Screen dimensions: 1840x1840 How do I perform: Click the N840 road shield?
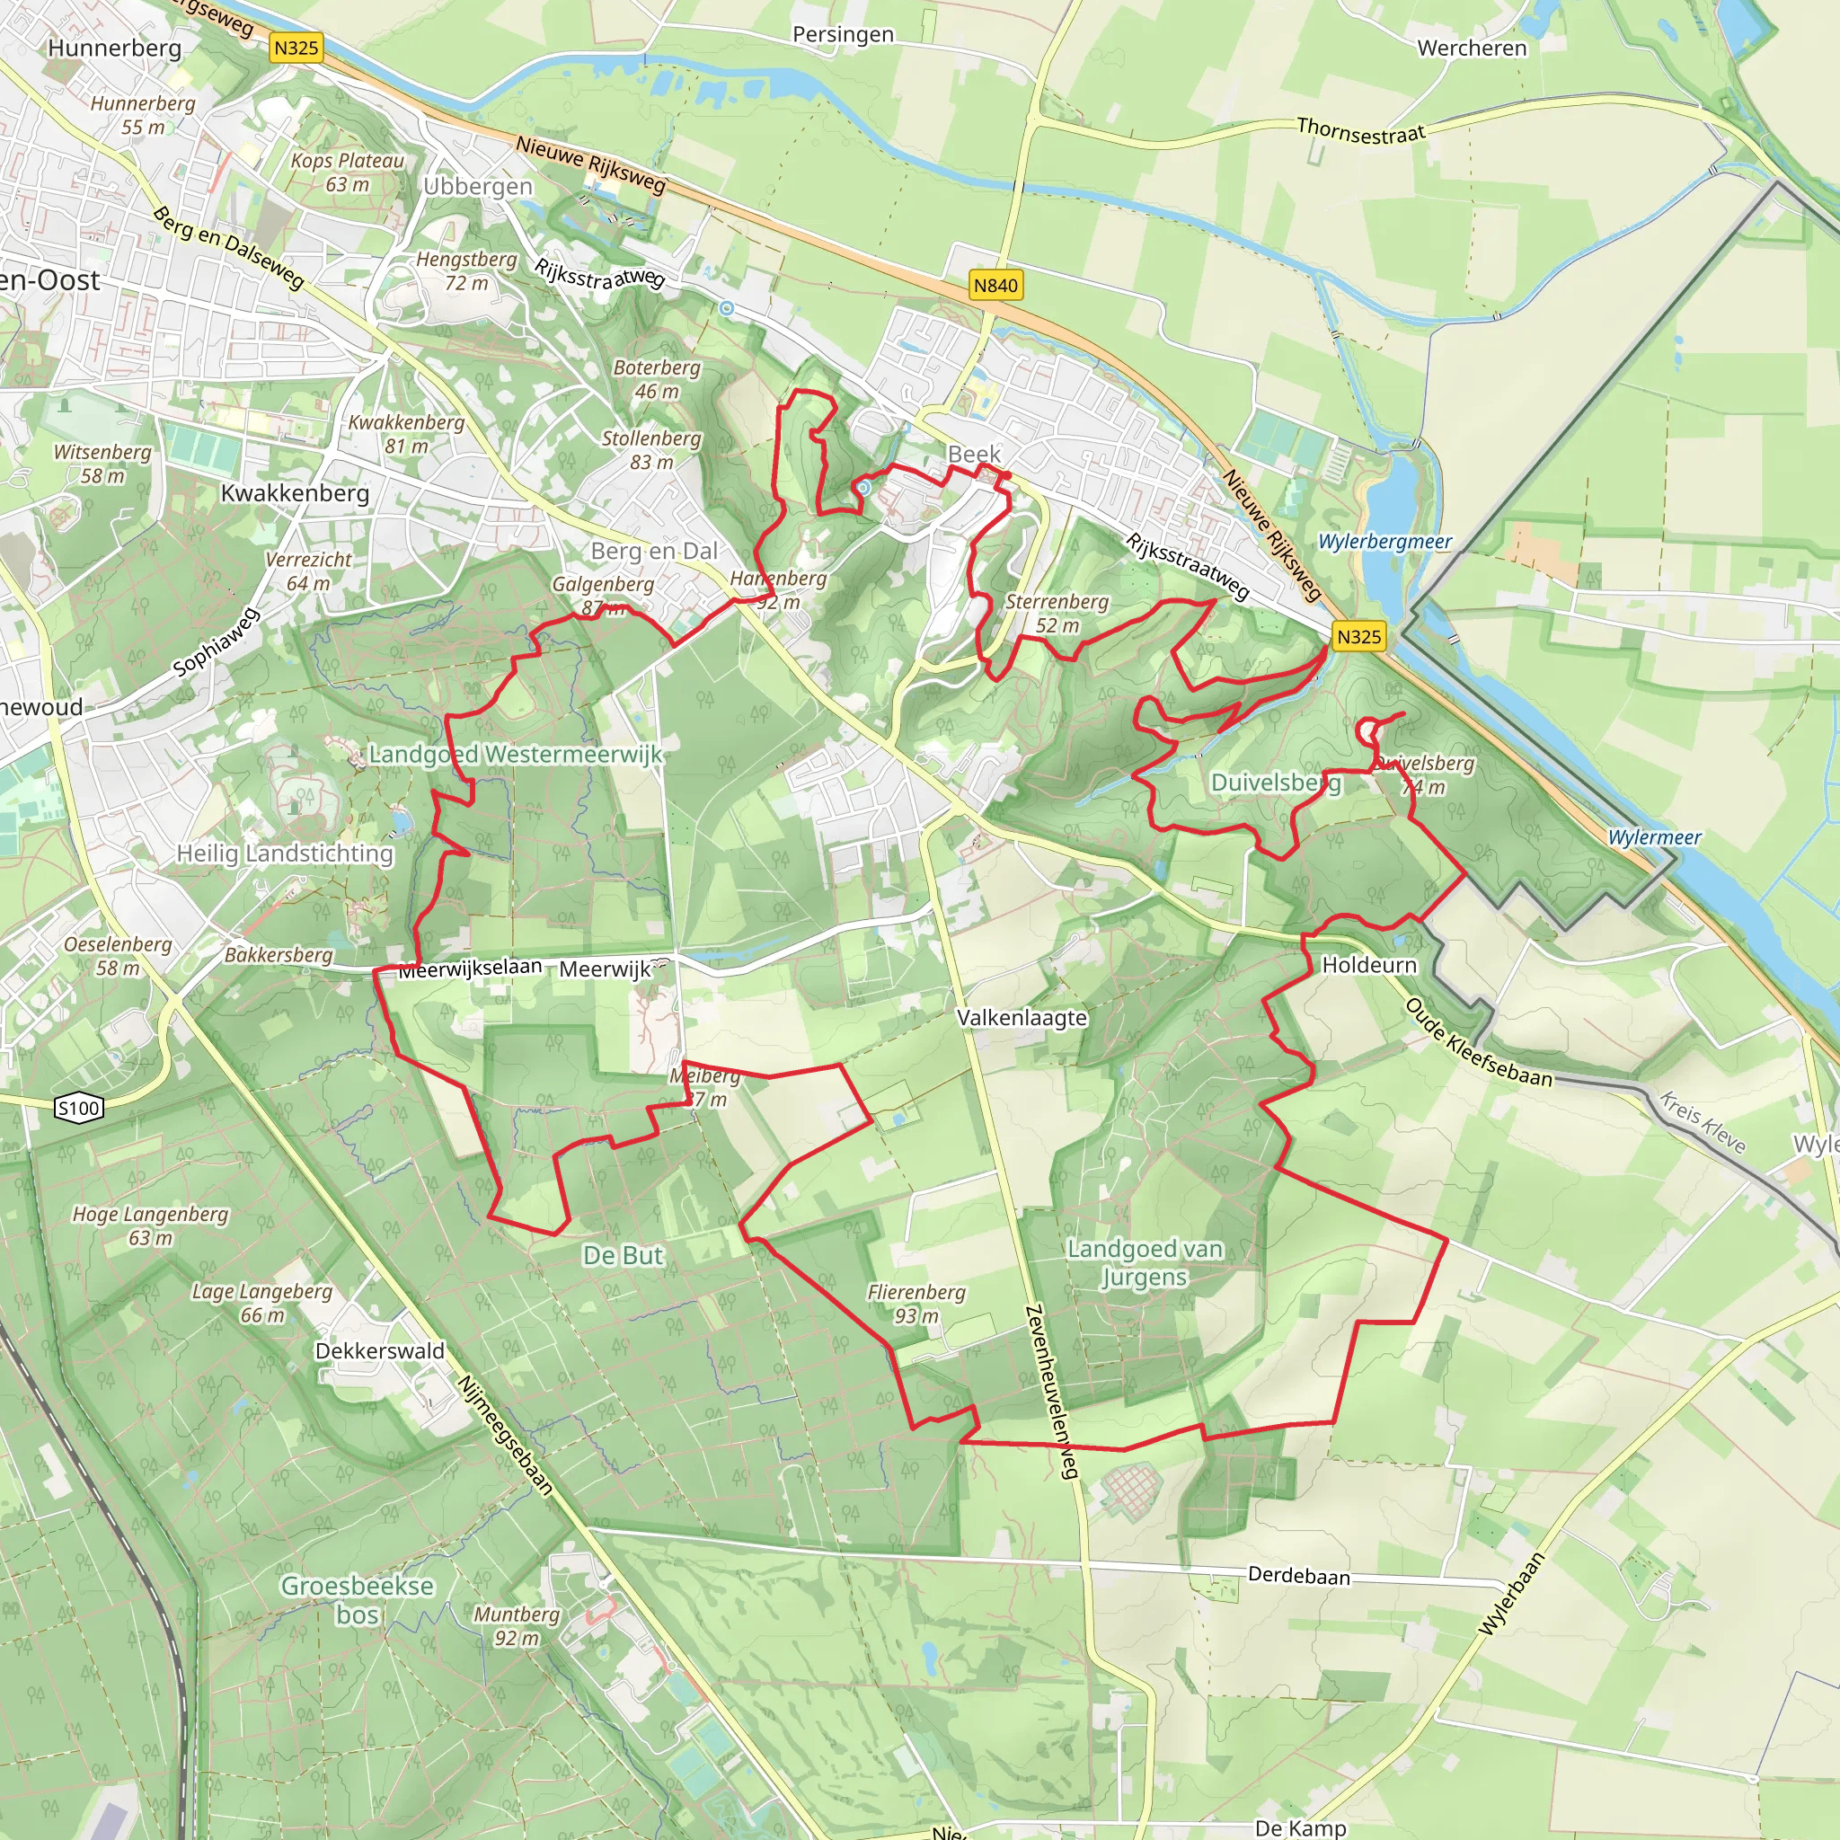pos(995,286)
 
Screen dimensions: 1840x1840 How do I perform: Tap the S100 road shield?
pos(79,1108)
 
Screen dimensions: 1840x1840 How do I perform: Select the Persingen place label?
pos(843,35)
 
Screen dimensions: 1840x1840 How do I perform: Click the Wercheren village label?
pos(1472,49)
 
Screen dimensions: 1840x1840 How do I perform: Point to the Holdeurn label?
pos(1368,965)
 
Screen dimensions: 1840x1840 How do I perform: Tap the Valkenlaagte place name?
pos(1022,1017)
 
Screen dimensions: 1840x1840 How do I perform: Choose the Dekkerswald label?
pos(380,1350)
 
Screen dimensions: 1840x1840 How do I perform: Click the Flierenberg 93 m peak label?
pos(916,1304)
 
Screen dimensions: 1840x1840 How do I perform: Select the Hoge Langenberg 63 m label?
pos(150,1225)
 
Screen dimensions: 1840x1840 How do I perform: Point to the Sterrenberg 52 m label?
pos(1057,614)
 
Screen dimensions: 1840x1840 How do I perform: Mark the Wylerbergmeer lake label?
pos(1384,542)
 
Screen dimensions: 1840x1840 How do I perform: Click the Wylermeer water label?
pos(1654,838)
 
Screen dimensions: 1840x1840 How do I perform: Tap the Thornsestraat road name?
pos(1361,131)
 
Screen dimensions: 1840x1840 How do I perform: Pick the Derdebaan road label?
pos(1299,1576)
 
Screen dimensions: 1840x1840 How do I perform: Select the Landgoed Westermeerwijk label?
pos(515,755)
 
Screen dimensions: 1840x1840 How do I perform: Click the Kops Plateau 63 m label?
pos(348,172)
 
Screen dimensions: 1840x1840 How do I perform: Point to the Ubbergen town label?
pos(478,187)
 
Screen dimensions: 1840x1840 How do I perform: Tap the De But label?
pos(623,1255)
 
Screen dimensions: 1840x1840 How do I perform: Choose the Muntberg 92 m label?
pos(517,1625)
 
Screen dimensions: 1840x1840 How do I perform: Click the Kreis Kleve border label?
pos(1702,1124)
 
